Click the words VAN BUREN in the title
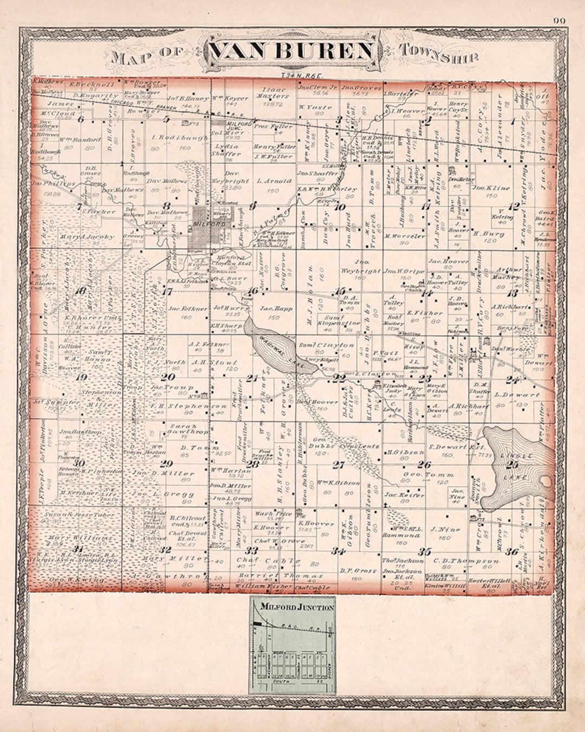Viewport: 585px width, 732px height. (292, 52)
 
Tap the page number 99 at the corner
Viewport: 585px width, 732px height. (560, 21)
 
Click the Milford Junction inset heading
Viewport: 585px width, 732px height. (296, 607)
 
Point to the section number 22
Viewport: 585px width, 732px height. (339, 378)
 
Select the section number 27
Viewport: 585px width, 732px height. (339, 465)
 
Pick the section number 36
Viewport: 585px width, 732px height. (511, 551)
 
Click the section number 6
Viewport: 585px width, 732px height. (81, 119)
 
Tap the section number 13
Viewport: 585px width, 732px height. (512, 293)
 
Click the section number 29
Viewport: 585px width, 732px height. (166, 463)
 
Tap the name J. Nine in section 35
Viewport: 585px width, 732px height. (445, 529)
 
